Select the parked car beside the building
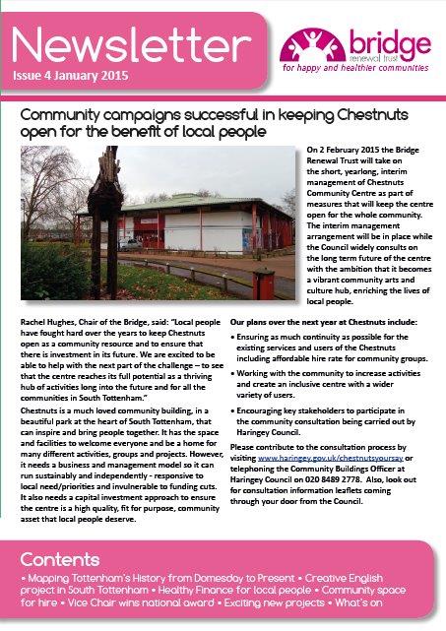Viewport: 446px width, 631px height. click(x=129, y=241)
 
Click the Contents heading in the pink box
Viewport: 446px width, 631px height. click(x=60, y=558)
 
